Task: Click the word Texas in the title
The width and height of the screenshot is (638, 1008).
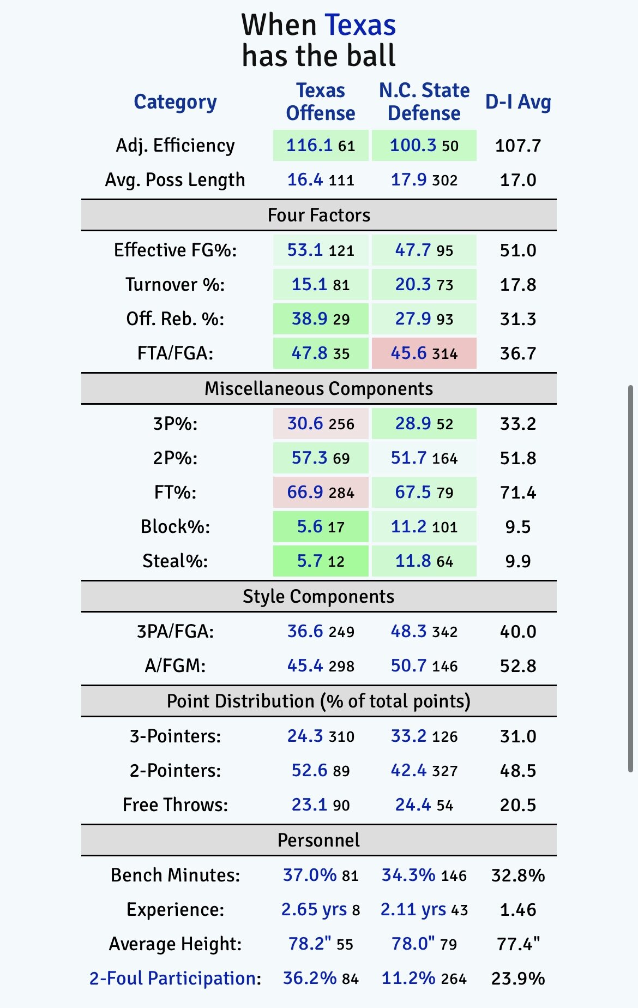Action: pyautogui.click(x=360, y=26)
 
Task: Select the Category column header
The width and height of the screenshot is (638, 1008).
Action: pyautogui.click(x=175, y=102)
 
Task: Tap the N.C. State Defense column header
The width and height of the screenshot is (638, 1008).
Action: pyautogui.click(x=424, y=102)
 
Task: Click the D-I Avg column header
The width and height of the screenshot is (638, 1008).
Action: pyautogui.click(x=517, y=102)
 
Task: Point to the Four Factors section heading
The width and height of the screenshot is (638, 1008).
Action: pyautogui.click(x=318, y=215)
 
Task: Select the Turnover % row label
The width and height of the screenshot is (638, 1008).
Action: pyautogui.click(x=175, y=285)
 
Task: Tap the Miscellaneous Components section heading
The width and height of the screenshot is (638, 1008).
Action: pyautogui.click(x=318, y=389)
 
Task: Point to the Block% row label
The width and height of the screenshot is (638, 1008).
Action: pyautogui.click(x=175, y=527)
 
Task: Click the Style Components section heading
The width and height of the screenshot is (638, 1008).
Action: pyautogui.click(x=318, y=597)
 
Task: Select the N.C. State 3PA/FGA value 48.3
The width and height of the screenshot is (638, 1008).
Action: pyautogui.click(x=409, y=632)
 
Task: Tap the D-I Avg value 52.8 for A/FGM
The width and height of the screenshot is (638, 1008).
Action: pyautogui.click(x=517, y=666)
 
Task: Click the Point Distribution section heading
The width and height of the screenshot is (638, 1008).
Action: pyautogui.click(x=318, y=701)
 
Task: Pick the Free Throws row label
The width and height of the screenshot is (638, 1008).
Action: pyautogui.click(x=175, y=805)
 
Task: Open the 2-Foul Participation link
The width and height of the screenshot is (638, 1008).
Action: pyautogui.click(x=174, y=979)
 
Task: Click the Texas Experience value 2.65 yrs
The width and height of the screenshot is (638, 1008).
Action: pyautogui.click(x=314, y=910)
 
